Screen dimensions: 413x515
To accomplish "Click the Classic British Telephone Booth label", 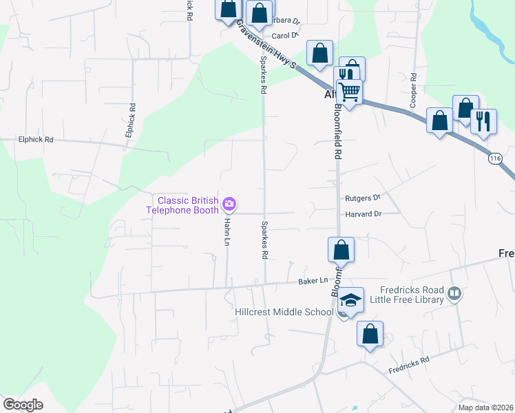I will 188,205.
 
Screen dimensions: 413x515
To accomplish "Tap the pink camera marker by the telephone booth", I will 229,204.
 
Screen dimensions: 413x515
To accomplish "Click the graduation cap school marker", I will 350,301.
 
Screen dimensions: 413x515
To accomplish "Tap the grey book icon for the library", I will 454,295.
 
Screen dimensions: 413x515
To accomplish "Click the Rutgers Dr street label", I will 362,197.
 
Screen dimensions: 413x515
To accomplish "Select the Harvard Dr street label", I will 363,214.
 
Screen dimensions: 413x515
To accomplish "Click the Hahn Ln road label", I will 225,233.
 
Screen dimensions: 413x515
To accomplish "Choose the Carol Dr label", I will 284,36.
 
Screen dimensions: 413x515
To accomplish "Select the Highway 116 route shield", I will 495,158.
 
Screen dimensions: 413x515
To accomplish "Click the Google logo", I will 23,405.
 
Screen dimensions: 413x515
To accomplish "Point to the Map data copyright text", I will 485,407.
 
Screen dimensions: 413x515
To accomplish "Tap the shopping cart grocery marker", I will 350,90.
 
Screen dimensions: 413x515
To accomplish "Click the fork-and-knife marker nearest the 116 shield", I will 483,121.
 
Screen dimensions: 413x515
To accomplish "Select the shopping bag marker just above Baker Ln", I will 341,249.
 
